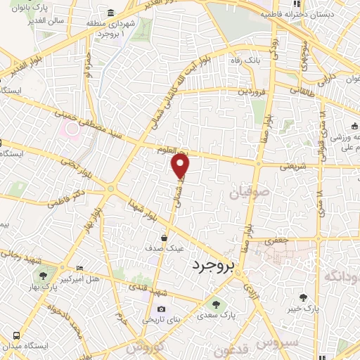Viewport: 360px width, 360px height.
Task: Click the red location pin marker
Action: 181,165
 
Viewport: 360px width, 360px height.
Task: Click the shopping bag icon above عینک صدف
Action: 164,238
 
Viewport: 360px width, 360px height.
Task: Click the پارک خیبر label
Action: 303,308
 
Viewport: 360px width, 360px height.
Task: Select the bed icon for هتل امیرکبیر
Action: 79,269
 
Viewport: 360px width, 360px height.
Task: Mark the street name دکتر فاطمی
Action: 67,197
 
